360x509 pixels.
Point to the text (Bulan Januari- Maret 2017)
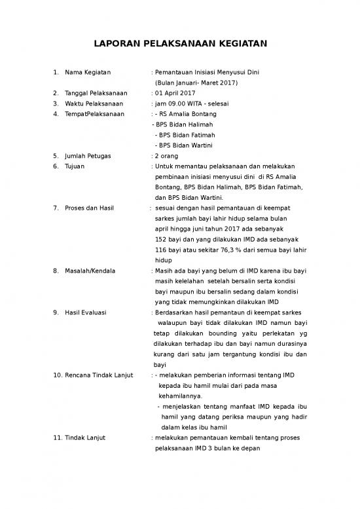coord(196,83)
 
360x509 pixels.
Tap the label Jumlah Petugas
coord(88,156)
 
